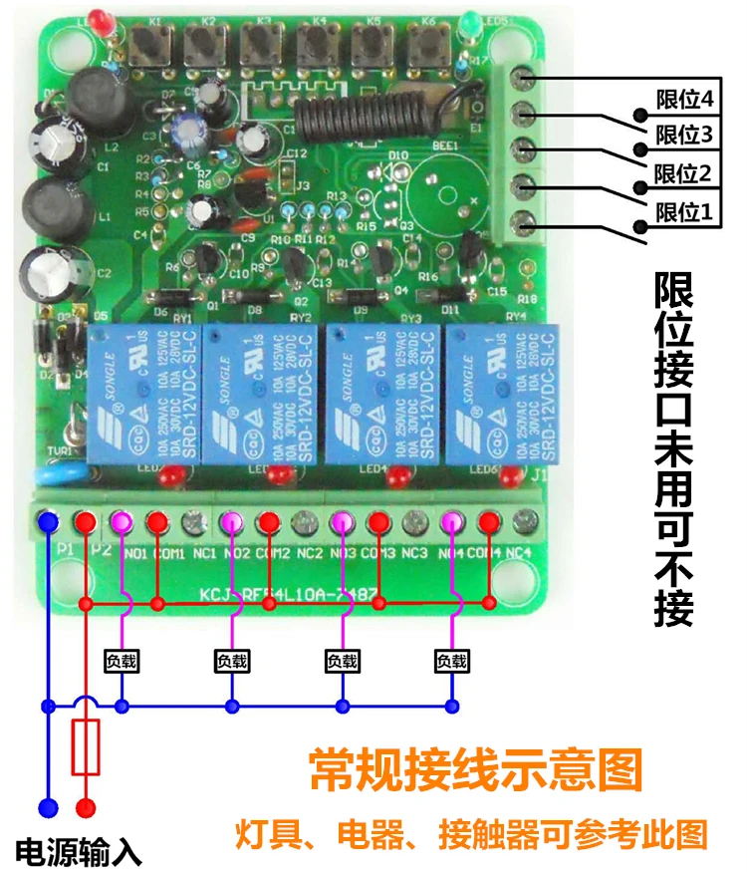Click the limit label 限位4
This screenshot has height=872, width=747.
click(x=685, y=100)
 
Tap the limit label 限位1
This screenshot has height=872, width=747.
click(x=685, y=212)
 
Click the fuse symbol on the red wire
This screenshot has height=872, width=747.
click(x=86, y=748)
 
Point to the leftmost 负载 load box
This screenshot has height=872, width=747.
click(x=122, y=660)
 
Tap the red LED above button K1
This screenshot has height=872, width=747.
click(x=97, y=18)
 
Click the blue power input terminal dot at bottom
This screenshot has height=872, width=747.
click(x=46, y=805)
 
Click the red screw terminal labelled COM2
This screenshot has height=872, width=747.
click(x=268, y=520)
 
